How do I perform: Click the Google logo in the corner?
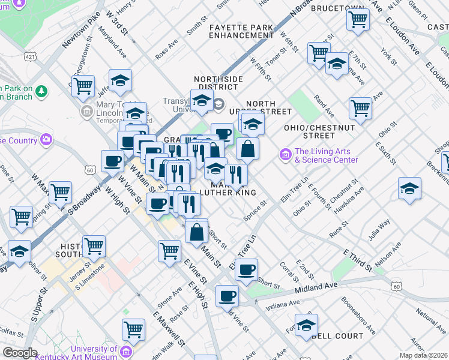click(x=20, y=353)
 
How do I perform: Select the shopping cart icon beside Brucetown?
click(x=358, y=19)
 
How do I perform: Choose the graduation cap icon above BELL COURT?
click(x=306, y=325)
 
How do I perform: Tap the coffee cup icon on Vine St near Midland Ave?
click(x=227, y=295)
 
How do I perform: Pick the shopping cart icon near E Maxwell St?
click(x=133, y=329)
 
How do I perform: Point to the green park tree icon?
click(x=41, y=91)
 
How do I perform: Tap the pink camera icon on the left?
click(x=46, y=140)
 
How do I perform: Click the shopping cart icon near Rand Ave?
click(x=360, y=108)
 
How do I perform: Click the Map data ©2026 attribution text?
click(x=423, y=355)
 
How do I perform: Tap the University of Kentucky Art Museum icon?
click(x=125, y=351)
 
